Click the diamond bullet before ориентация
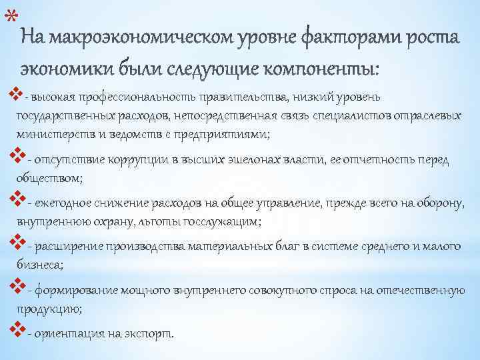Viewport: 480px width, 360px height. tap(18, 330)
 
